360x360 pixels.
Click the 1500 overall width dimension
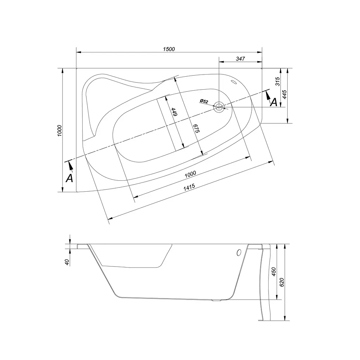point(169,49)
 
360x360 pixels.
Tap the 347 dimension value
point(240,59)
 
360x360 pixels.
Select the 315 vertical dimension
point(278,82)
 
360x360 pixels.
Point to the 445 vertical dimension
point(284,94)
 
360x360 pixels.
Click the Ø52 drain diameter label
point(204,101)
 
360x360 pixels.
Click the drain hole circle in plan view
point(219,107)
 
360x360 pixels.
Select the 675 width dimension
point(196,128)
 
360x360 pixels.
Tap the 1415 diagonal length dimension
point(189,187)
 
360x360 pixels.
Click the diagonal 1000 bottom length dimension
point(190,174)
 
